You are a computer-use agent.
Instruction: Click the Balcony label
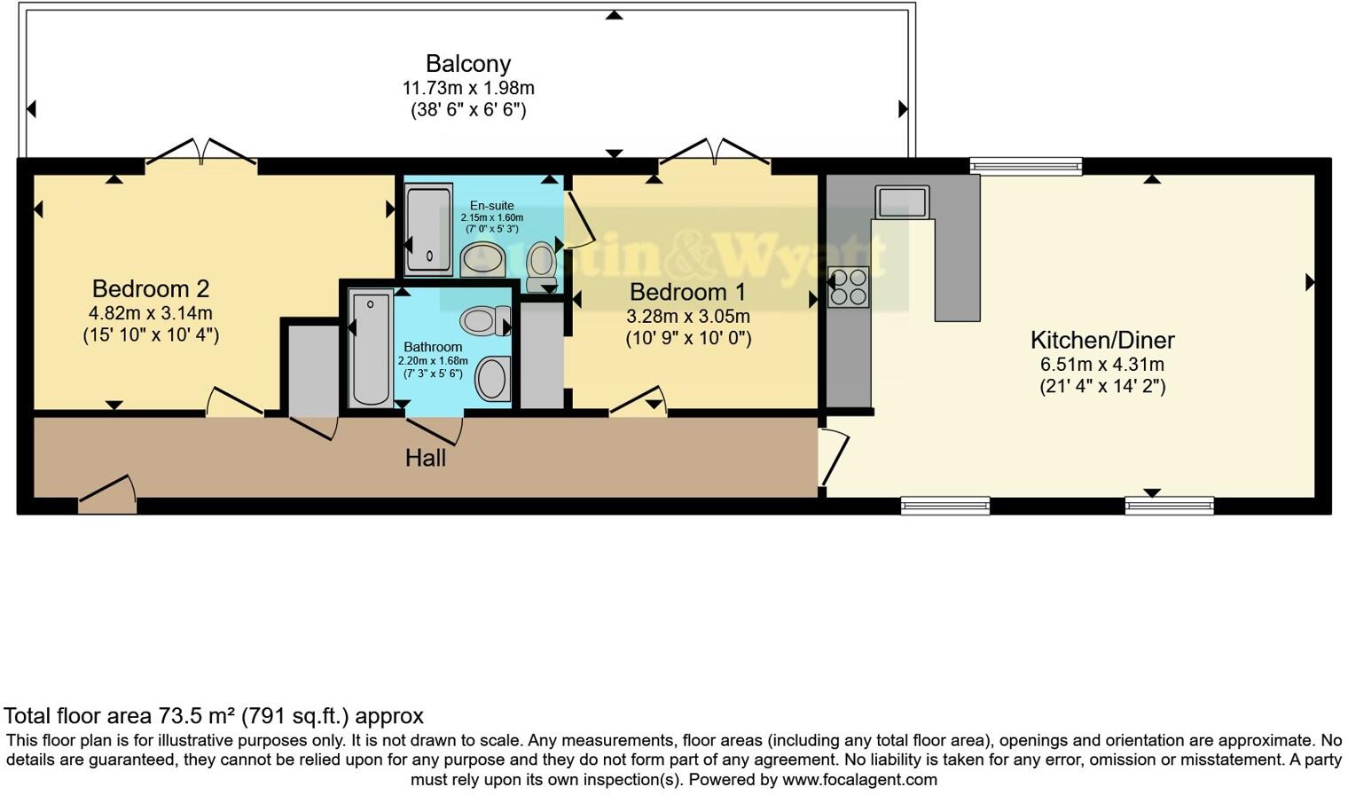pos(468,64)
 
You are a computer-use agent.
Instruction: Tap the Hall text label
pos(426,458)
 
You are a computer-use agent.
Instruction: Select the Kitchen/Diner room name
pos(1101,340)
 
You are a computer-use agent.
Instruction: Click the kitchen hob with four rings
pos(848,287)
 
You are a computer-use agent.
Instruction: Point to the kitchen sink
pos(902,201)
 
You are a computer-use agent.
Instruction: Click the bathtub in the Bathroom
pos(371,348)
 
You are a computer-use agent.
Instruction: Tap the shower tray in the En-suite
pos(428,229)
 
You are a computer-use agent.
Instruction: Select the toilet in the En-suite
pos(540,265)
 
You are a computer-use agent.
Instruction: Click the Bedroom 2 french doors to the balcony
pos(201,153)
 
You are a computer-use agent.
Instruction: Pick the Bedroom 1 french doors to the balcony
pos(714,153)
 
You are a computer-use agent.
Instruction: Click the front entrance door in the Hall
pos(107,495)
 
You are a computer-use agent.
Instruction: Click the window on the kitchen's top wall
pos(1025,165)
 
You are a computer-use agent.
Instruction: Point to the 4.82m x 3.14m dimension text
pos(151,313)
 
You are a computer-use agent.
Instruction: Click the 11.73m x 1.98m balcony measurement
pos(468,89)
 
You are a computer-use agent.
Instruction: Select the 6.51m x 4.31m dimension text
pos(1101,365)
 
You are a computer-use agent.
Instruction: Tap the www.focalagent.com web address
pos(858,780)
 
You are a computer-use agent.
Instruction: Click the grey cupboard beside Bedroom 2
pos(313,369)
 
